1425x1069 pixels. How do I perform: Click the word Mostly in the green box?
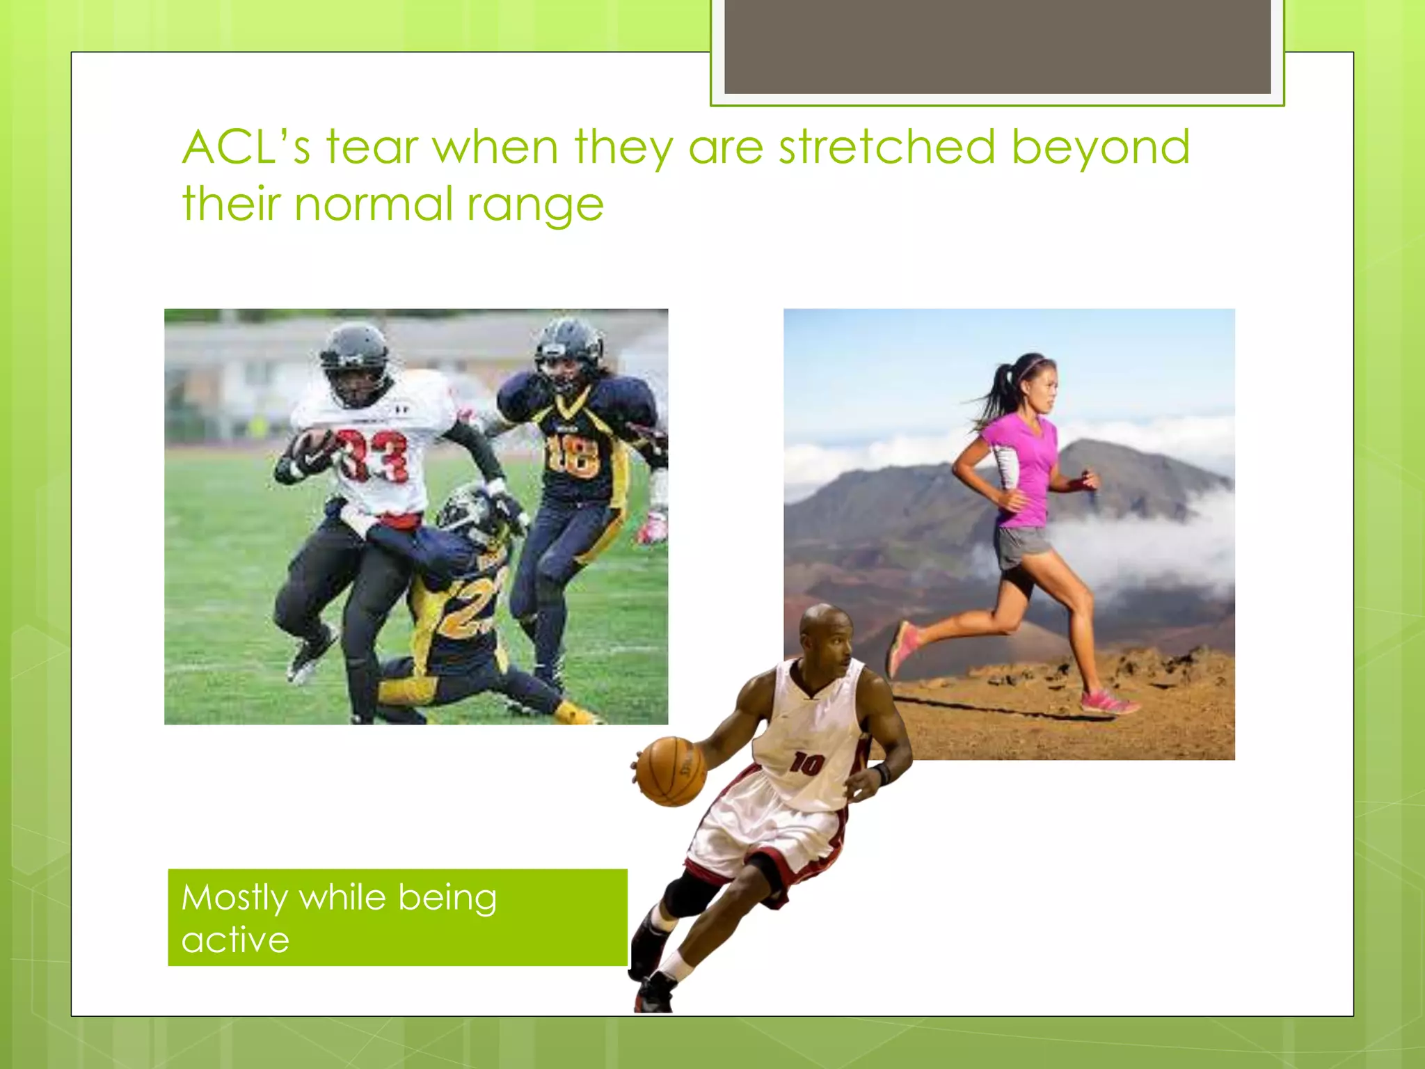(x=234, y=898)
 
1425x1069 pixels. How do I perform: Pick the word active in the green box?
(x=235, y=940)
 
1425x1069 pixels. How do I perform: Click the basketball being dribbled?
(x=671, y=771)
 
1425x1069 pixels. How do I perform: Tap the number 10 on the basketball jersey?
(x=806, y=764)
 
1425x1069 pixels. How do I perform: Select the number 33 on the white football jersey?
(x=372, y=455)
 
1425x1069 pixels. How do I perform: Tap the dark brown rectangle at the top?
(x=997, y=46)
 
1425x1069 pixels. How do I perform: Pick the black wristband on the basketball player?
(x=883, y=773)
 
